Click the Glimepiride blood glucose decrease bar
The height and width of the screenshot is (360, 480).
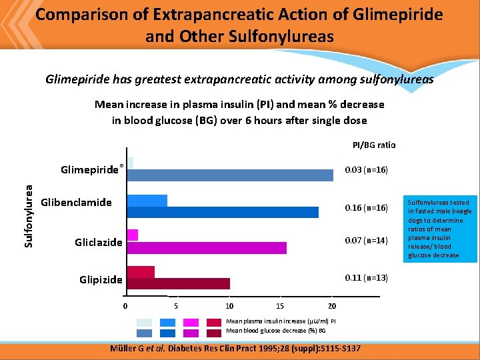click(x=230, y=175)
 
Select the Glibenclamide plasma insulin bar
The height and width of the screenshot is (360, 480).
click(x=147, y=200)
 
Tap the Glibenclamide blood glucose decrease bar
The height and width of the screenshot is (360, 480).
click(x=223, y=212)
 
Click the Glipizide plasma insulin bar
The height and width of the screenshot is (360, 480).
click(x=141, y=272)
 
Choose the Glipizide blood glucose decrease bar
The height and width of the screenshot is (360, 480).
click(x=178, y=284)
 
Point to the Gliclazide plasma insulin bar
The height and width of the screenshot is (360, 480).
click(x=133, y=235)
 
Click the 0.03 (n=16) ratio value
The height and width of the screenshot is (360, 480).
click(x=365, y=171)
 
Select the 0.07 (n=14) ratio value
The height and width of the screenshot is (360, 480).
click(x=365, y=241)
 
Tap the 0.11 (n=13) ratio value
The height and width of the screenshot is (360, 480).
click(x=365, y=277)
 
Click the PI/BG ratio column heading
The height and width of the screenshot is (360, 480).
click(x=373, y=145)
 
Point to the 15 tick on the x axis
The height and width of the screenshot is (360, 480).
click(x=281, y=306)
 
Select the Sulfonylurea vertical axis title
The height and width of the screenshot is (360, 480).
click(x=29, y=207)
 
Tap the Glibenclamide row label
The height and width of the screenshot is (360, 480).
click(x=76, y=202)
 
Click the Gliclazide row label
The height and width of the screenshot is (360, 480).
click(x=98, y=243)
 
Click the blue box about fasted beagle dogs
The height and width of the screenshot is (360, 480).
click(x=439, y=228)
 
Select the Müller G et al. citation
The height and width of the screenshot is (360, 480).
click(x=239, y=349)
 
